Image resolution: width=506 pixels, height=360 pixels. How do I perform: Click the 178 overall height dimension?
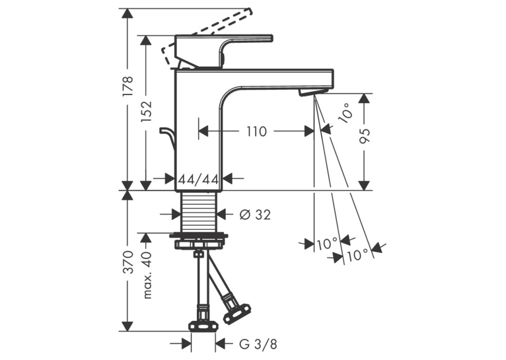tap(127, 85)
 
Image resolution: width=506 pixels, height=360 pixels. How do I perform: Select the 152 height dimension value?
tap(146, 112)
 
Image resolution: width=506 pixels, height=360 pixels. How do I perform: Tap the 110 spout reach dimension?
tap(257, 131)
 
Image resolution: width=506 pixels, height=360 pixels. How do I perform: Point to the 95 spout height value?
tap(365, 136)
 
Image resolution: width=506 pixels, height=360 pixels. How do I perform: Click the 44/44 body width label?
tap(199, 179)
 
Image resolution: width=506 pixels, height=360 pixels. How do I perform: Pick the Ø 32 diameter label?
tap(255, 215)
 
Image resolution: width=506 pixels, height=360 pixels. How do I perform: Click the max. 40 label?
tap(147, 275)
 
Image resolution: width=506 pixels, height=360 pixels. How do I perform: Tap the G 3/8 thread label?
tap(258, 344)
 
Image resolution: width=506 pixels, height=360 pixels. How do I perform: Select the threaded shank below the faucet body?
tap(198, 211)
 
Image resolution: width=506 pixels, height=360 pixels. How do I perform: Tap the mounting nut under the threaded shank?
tap(198, 240)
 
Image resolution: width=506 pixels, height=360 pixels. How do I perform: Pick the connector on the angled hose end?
tap(236, 310)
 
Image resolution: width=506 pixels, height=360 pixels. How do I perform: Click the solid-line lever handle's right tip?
tap(273, 38)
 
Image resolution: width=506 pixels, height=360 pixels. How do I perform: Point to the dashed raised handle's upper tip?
tap(250, 11)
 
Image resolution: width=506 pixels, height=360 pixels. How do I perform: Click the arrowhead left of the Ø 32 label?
tap(175, 214)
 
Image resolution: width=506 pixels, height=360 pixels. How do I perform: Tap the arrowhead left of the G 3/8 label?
tap(186, 343)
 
